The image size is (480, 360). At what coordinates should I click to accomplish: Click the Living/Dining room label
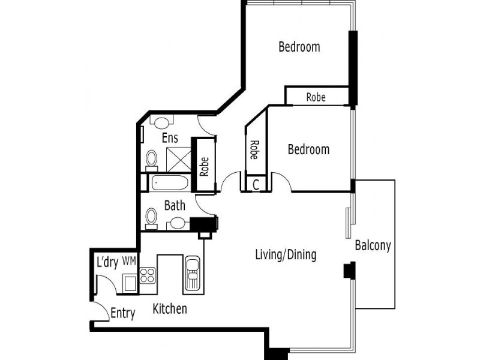coord(286,255)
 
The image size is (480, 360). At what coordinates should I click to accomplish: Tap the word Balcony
coord(373,245)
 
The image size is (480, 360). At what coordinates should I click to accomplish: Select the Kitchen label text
coord(170,310)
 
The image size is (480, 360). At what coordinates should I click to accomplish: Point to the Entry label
coord(123,313)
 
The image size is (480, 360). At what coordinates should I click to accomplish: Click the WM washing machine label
coord(128,262)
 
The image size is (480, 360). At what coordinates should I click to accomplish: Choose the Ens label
coord(170,139)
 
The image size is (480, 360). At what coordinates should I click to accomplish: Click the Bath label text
coord(175,206)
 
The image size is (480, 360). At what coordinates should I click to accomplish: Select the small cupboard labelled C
coord(256,185)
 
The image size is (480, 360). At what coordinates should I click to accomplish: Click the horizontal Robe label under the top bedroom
coord(316,97)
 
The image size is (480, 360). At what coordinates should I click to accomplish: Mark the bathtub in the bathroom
coord(170,183)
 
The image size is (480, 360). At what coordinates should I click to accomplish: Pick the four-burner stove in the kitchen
coord(148,275)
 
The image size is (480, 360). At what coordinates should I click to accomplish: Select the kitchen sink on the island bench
coord(193,274)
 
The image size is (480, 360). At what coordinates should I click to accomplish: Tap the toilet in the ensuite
coord(152,159)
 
